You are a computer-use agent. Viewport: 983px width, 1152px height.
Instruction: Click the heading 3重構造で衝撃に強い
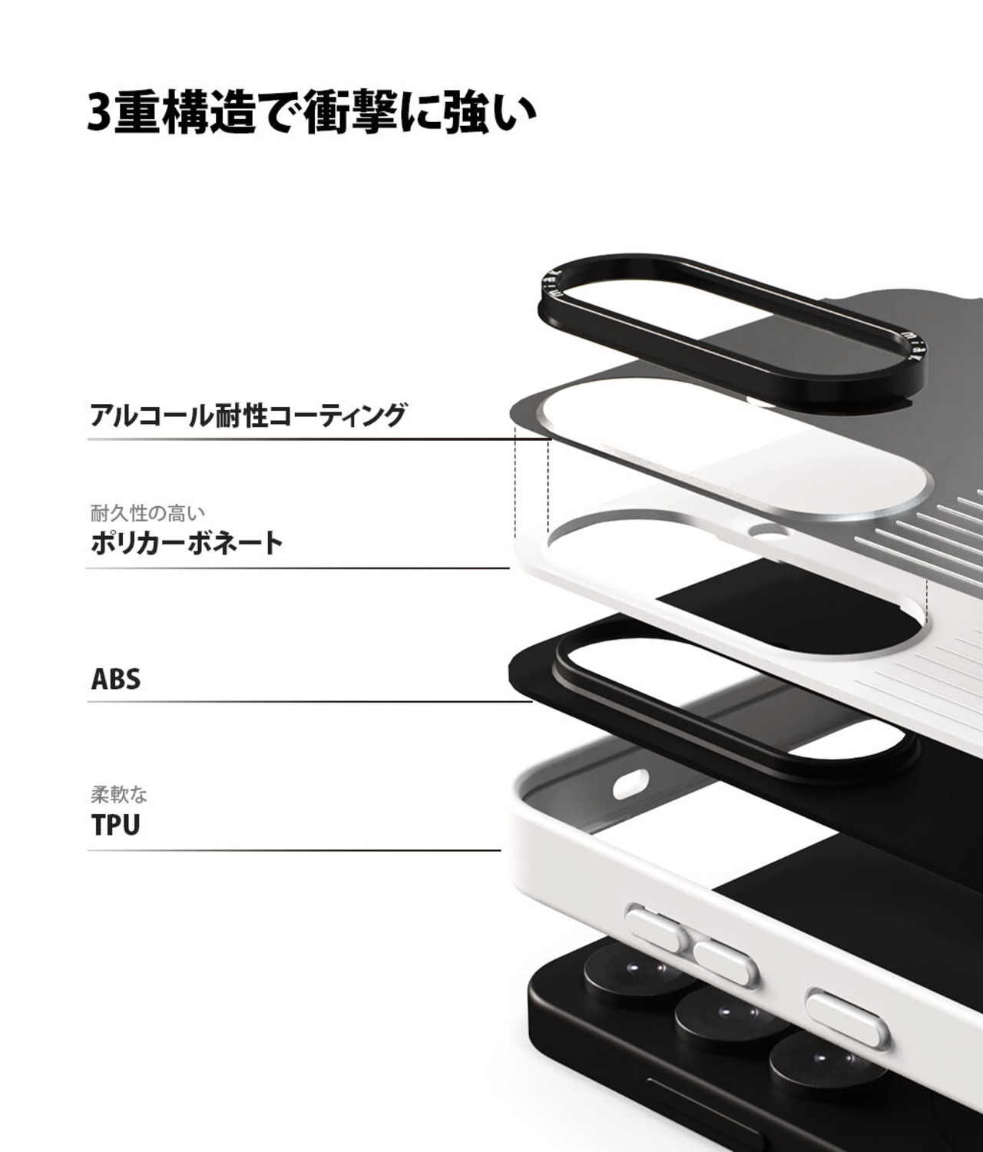pos(311,114)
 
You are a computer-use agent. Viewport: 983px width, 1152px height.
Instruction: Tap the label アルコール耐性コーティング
pos(247,415)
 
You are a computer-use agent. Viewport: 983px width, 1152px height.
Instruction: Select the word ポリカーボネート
pos(187,543)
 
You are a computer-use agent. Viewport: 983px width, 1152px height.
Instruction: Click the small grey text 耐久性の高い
pos(147,511)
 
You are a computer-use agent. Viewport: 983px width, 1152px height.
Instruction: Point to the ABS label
pos(116,680)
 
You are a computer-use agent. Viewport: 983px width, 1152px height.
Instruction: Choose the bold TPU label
pos(116,826)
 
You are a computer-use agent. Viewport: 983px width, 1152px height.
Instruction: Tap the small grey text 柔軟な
pos(119,793)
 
